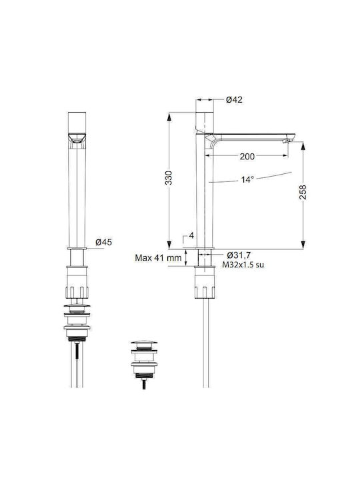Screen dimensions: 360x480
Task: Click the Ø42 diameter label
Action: point(234,99)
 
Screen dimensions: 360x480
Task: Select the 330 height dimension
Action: point(169,178)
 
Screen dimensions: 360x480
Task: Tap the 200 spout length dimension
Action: point(247,157)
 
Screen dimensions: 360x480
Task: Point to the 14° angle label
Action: point(247,179)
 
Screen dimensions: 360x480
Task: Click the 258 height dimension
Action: point(303,192)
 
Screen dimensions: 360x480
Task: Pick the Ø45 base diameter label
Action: point(104,242)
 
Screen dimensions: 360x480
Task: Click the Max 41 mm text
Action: point(158,258)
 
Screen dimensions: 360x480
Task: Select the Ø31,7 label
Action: point(239,255)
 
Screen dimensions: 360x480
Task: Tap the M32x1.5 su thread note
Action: point(243,265)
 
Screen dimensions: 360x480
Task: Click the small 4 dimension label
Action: point(191,235)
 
